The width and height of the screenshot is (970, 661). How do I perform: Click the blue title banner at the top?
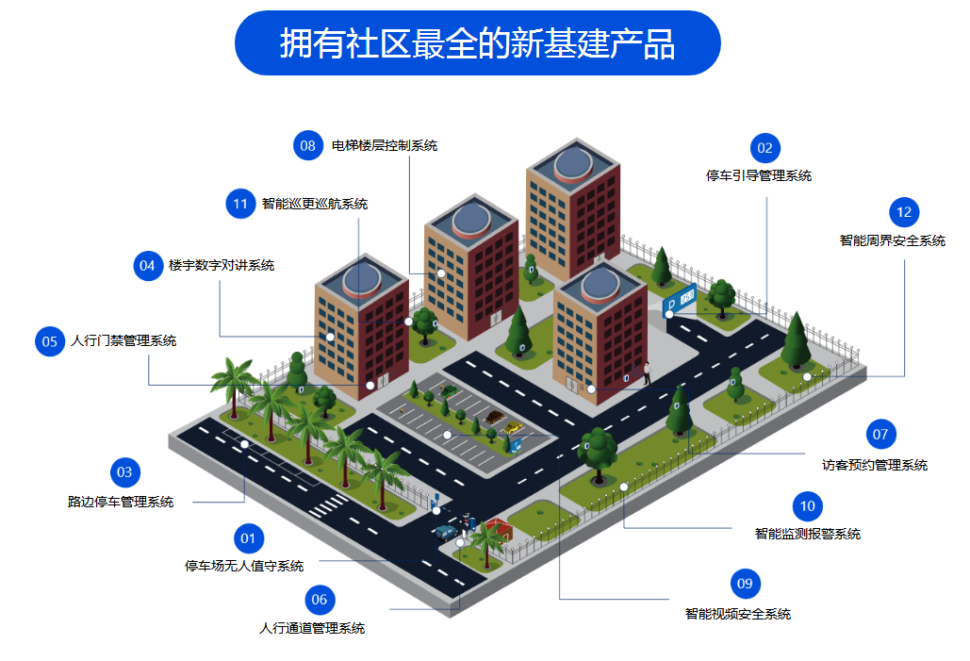pyautogui.click(x=477, y=43)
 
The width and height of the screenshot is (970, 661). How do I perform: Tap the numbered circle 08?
pyautogui.click(x=308, y=145)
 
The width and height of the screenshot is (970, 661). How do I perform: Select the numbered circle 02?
pyautogui.click(x=764, y=148)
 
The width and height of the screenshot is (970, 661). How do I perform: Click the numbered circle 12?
pyautogui.click(x=904, y=212)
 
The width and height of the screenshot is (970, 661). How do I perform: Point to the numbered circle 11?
pyautogui.click(x=240, y=204)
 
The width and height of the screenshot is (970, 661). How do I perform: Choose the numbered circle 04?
pyautogui.click(x=147, y=266)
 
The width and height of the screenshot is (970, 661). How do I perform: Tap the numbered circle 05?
pyautogui.click(x=50, y=341)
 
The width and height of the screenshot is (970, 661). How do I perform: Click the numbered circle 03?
pyautogui.click(x=123, y=472)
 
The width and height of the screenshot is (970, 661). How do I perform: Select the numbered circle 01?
pyautogui.click(x=248, y=538)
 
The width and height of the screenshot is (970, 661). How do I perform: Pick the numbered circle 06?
pyautogui.click(x=320, y=600)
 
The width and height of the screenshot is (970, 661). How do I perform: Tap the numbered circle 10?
pyautogui.click(x=807, y=506)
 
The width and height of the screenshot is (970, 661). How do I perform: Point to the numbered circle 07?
pyautogui.click(x=880, y=435)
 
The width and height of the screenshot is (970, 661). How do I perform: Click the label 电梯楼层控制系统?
pyautogui.click(x=385, y=146)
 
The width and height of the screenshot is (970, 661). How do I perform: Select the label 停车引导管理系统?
pyautogui.click(x=759, y=175)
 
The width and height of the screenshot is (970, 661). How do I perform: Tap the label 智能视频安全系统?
pyautogui.click(x=737, y=614)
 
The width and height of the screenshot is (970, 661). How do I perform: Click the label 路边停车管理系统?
pyautogui.click(x=121, y=502)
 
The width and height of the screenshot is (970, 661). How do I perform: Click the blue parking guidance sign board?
pyautogui.click(x=681, y=298)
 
